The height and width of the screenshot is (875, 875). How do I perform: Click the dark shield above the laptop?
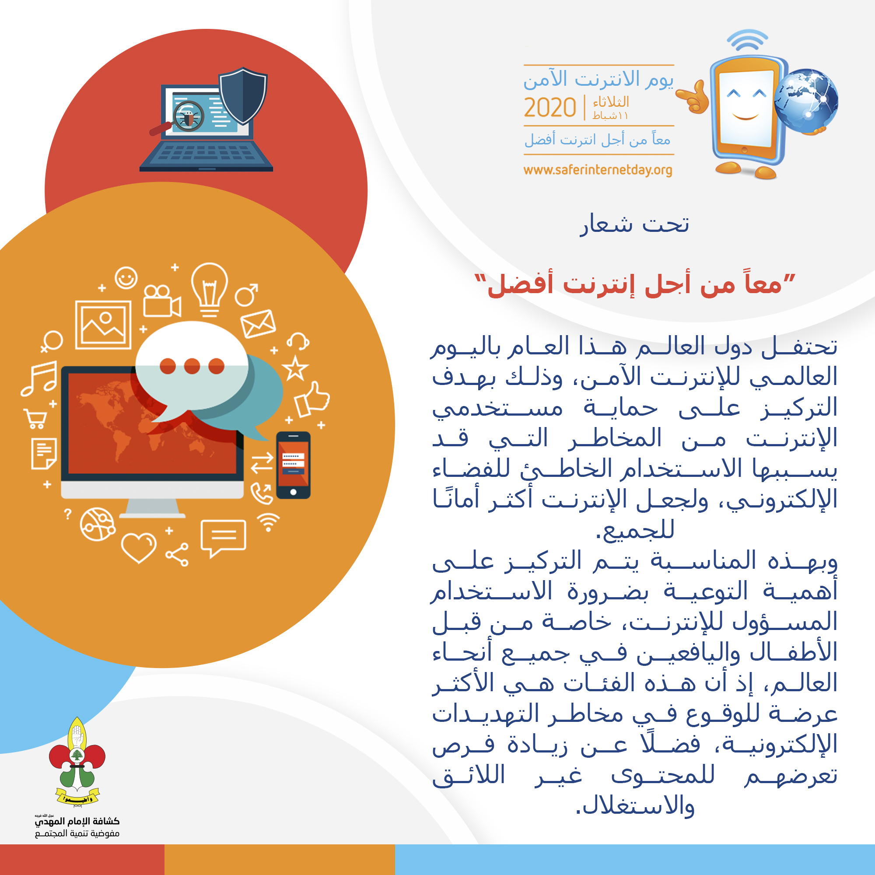(x=243, y=95)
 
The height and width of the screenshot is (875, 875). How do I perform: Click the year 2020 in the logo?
(x=549, y=108)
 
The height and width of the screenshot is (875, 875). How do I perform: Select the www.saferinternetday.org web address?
(x=597, y=170)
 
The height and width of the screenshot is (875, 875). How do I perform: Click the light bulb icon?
(x=209, y=288)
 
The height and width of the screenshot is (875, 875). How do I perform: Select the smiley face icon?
(x=126, y=277)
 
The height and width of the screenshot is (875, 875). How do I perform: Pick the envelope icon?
(x=258, y=323)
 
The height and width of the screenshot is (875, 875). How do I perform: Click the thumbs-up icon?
(x=311, y=399)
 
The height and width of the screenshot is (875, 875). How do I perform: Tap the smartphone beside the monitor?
(x=293, y=465)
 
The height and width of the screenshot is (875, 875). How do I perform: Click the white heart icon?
(x=139, y=546)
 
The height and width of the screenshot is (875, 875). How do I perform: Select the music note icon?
(x=40, y=378)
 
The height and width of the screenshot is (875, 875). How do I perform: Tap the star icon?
(x=295, y=368)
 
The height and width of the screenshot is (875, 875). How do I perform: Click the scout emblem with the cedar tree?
(x=77, y=761)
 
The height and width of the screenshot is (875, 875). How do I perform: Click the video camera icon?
(x=161, y=301)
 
